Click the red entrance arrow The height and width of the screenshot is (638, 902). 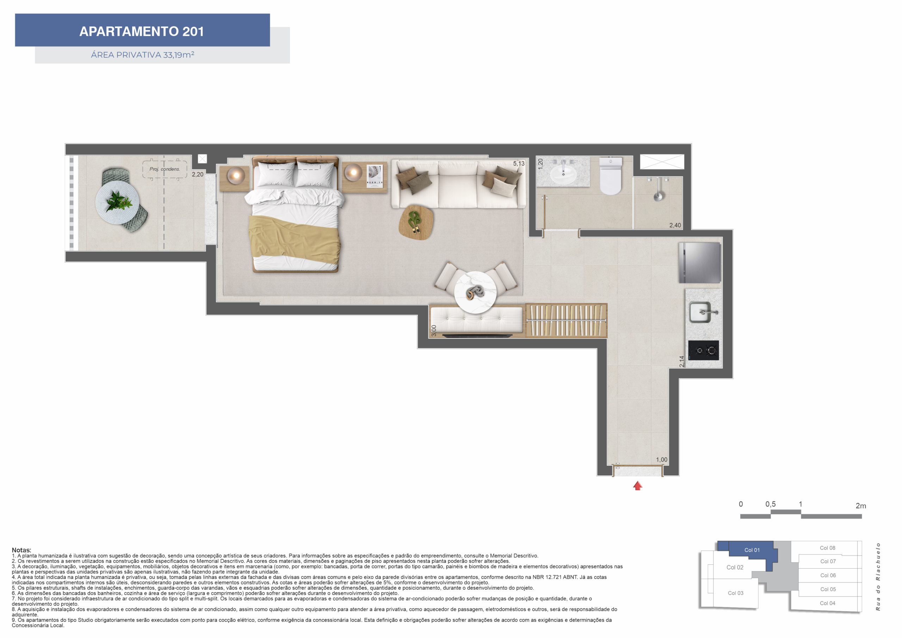tap(638, 486)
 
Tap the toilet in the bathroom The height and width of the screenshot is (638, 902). tap(611, 175)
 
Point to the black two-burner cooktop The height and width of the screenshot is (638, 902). tap(703, 350)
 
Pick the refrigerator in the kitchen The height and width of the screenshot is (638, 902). tap(700, 262)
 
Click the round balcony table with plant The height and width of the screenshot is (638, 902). tap(117, 202)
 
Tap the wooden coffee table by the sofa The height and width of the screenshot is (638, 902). tap(416, 222)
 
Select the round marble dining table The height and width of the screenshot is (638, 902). tap(475, 292)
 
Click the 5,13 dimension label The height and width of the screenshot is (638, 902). tap(519, 163)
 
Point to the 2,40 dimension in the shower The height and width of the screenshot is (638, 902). tap(675, 225)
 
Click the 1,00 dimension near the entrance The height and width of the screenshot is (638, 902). tap(662, 459)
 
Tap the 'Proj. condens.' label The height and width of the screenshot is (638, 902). tap(165, 169)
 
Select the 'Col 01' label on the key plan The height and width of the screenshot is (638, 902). tap(752, 550)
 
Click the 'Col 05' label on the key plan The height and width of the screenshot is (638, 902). tap(828, 589)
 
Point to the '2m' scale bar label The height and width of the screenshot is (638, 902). tap(861, 506)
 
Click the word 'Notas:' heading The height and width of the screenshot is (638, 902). tap(21, 550)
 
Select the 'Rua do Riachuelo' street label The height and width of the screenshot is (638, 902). tap(878, 577)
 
